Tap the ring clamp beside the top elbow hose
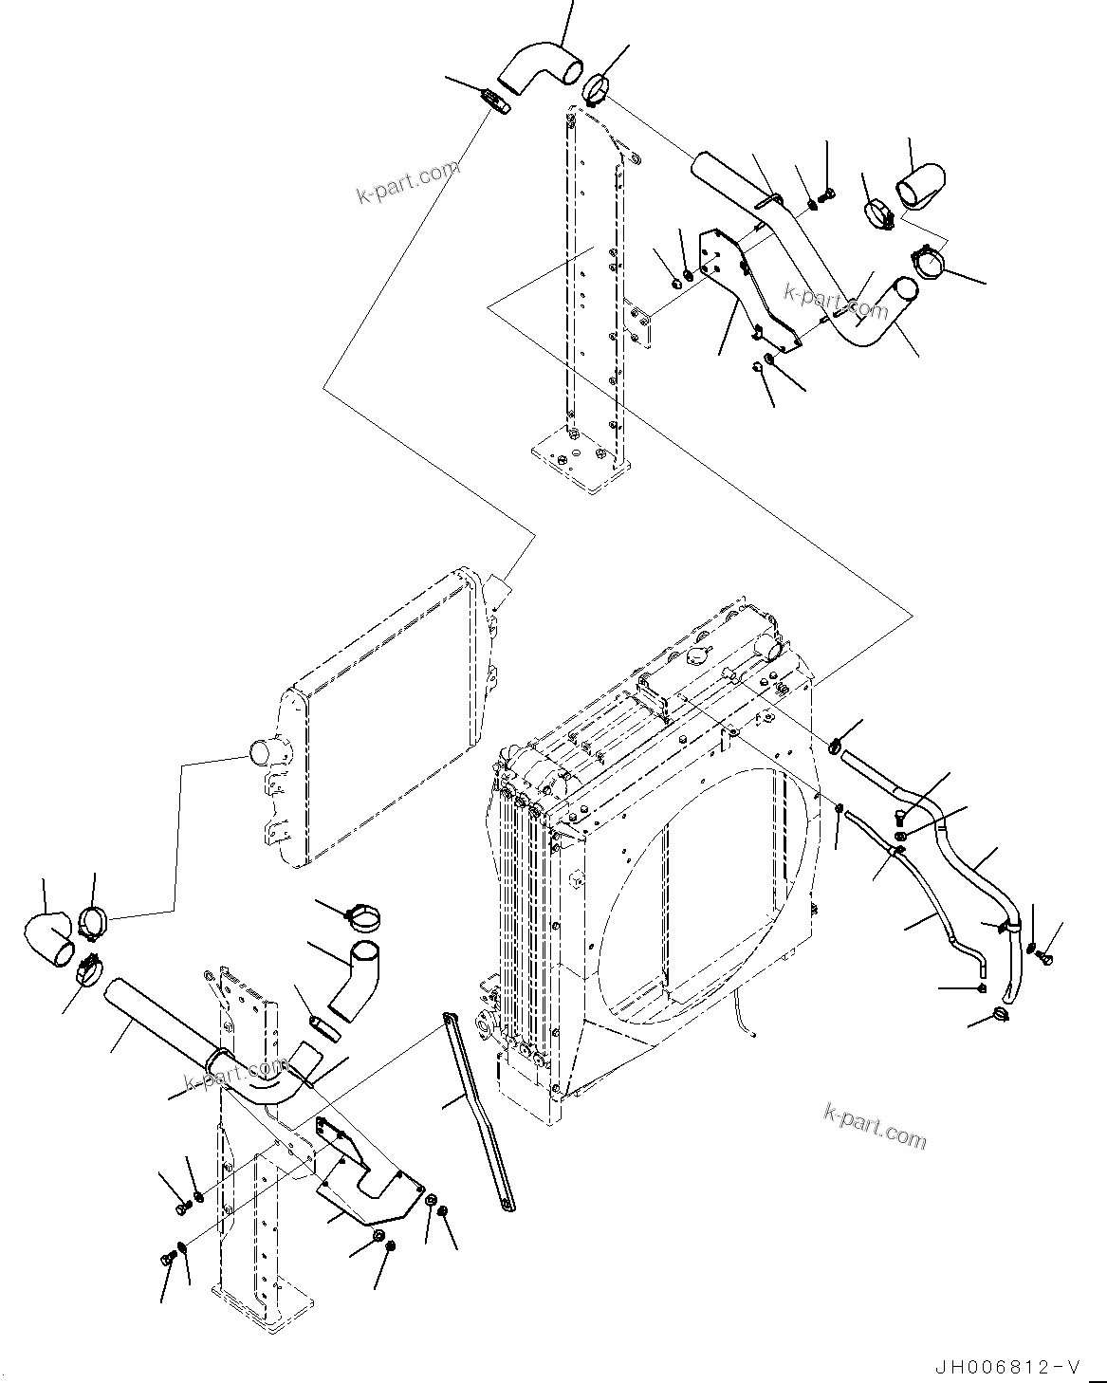click(x=597, y=88)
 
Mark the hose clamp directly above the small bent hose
click(x=362, y=916)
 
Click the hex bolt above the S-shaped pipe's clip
click(x=827, y=194)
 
